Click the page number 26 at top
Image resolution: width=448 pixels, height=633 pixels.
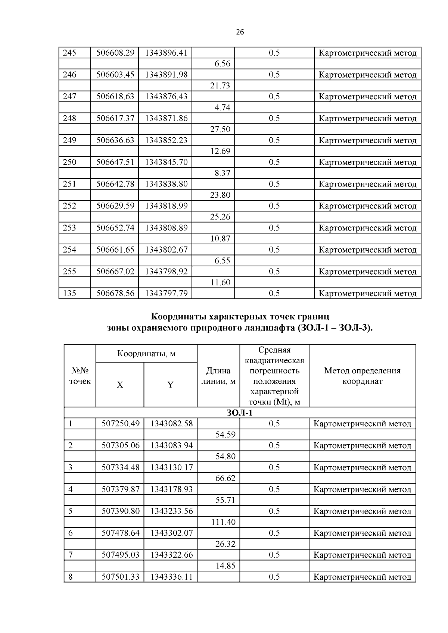(240, 32)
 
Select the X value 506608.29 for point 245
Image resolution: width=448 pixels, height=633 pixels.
(115, 53)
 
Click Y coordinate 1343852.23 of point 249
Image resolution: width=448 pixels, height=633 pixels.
(166, 140)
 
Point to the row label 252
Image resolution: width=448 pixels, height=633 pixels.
(69, 206)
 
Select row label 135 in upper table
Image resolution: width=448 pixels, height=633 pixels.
(69, 294)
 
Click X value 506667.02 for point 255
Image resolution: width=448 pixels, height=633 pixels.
(115, 272)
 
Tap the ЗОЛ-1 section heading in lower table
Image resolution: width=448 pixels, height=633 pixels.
(239, 413)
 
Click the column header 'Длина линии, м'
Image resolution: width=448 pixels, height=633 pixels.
(218, 376)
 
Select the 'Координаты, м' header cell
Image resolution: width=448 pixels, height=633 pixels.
(146, 353)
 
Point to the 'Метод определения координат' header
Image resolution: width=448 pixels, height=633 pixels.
(362, 376)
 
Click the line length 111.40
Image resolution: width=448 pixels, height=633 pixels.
(223, 522)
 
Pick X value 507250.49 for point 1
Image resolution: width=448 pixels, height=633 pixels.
(120, 424)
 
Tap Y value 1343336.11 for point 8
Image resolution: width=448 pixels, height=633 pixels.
(171, 577)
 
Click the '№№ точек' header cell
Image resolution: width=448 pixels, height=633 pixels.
(80, 376)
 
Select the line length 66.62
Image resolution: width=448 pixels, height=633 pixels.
(225, 479)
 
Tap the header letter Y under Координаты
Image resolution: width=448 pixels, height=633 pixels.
(170, 385)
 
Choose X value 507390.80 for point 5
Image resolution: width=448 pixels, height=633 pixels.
(120, 511)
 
